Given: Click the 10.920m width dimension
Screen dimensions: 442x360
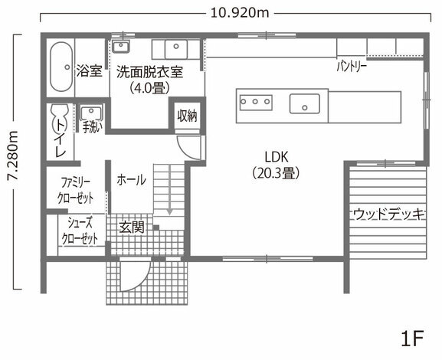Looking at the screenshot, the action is pos(240,13).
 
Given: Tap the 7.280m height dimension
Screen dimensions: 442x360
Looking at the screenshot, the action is pos(13,155).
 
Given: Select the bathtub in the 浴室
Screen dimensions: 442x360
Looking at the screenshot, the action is pos(61,67).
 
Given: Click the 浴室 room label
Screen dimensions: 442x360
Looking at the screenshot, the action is pos(90,70).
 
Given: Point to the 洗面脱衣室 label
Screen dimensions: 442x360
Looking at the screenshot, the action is pos(150,72).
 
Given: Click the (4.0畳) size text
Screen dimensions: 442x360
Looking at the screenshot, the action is pos(149,88).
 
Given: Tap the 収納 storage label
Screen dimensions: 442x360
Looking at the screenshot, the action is pos(187,116).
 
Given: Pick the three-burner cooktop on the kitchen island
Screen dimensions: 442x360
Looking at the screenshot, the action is pos(256,102).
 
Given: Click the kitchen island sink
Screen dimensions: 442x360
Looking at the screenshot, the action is pos(304,103).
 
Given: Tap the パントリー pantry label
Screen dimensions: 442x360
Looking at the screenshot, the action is pos(352,67).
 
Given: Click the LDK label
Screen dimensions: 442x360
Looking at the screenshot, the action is pos(277,157).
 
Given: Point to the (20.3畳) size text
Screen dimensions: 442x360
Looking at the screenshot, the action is pos(276,173).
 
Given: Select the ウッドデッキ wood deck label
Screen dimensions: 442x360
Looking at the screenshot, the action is pos(389,214).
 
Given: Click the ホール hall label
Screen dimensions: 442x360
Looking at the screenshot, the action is pos(131,180).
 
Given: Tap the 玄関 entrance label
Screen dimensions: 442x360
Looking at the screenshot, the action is pos(132,227).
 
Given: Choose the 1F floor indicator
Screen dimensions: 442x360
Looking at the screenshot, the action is pos(412,339).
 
